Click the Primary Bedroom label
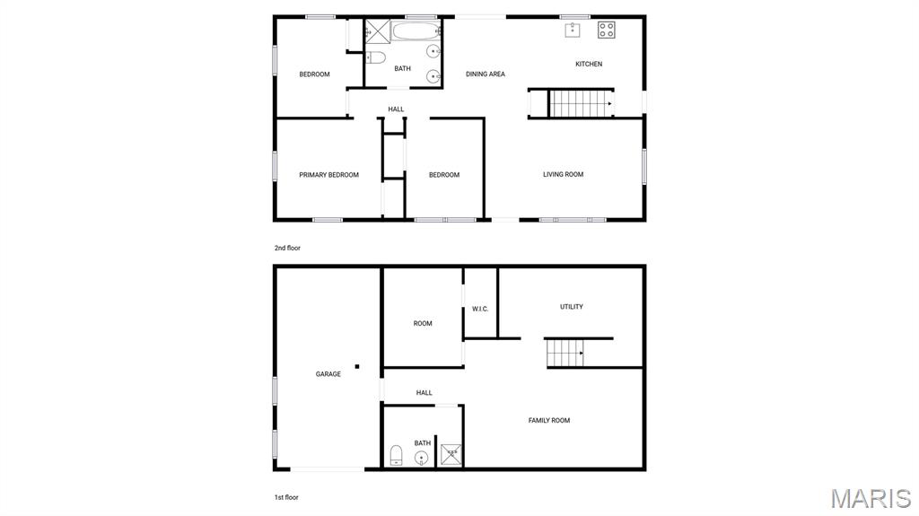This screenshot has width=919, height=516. coord(328,175)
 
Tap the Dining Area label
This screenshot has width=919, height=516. coord(485,74)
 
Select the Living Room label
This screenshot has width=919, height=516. coord(563,174)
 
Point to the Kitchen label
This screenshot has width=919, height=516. coord(589,64)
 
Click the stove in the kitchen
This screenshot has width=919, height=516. coord(607,30)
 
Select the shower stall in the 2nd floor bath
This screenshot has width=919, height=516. coord(377,31)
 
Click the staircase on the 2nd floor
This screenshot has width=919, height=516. coord(580,104)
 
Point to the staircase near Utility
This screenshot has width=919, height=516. coord(565,353)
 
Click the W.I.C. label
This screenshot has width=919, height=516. coord(480,310)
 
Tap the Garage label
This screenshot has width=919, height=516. coord(328,374)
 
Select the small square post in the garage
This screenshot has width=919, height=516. coord(356,366)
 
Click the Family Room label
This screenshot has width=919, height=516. coord(548,420)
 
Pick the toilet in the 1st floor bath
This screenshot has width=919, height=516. coord(396,455)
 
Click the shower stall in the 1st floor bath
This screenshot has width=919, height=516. coord(451,455)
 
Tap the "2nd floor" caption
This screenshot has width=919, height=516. coord(287,248)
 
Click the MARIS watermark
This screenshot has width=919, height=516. coord(871,499)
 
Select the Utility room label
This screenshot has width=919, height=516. coord(572,307)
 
